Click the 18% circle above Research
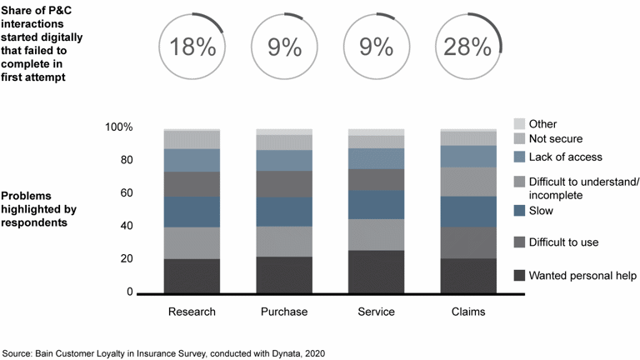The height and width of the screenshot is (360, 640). coord(192,47)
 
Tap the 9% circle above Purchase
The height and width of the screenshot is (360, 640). coord(284,47)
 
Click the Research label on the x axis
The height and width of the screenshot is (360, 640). coord(192,312)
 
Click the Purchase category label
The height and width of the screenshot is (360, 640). coord(283,312)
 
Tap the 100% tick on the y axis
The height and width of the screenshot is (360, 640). coord(117,127)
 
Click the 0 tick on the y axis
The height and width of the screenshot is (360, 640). coord(129,292)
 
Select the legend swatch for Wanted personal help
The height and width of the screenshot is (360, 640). coord(519,276)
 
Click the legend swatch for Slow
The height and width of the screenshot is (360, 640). coord(519,212)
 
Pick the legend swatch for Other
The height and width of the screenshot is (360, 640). coord(519,123)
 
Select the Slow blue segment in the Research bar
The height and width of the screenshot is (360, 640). coord(192,212)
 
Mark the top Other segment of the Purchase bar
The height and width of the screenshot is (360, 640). coord(283,132)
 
